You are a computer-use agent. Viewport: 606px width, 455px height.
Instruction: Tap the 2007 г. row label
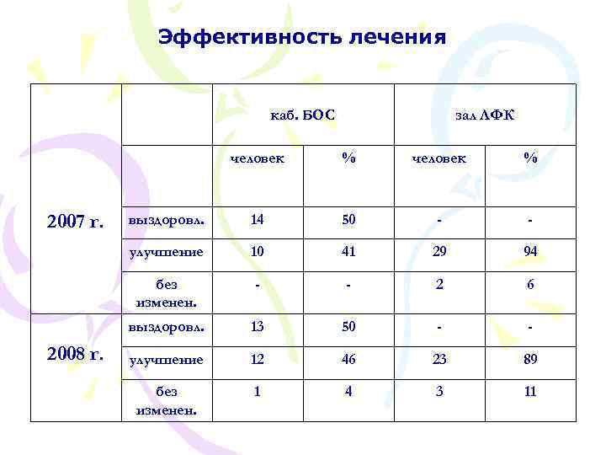coord(76,222)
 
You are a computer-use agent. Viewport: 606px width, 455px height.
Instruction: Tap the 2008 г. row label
coord(76,354)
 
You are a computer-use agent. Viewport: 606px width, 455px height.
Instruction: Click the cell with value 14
coord(257,220)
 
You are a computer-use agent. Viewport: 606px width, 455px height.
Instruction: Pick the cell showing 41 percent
coord(348,251)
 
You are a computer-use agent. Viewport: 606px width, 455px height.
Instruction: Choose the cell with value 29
coord(438,251)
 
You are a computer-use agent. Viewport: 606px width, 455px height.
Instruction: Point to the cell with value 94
coord(529,251)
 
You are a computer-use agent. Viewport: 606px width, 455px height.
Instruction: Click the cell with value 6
coord(529,285)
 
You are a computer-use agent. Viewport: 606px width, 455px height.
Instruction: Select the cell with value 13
coord(257,326)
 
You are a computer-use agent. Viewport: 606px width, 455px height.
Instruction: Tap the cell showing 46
coord(348,359)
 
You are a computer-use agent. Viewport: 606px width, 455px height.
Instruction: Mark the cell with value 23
coord(438,359)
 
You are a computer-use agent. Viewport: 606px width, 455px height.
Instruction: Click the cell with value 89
coord(529,359)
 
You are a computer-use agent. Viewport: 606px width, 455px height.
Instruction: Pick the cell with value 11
coord(529,392)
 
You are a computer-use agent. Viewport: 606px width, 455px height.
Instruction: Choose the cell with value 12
coord(257,359)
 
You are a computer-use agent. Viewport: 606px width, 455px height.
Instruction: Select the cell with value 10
coord(257,251)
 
